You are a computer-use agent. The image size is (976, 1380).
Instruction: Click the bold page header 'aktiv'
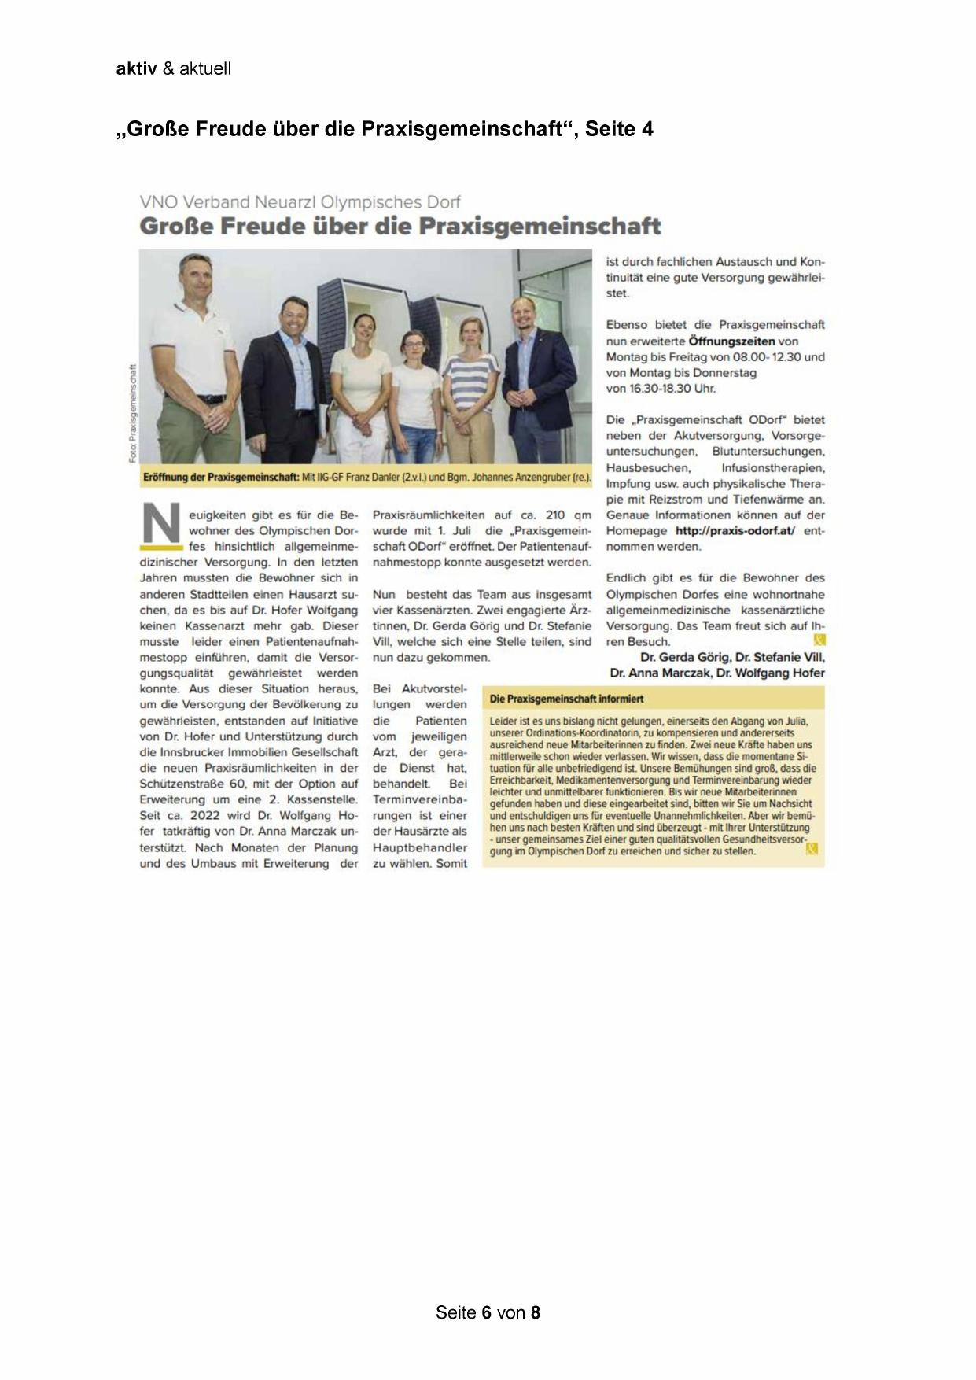[136, 68]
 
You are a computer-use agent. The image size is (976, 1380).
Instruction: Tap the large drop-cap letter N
[161, 524]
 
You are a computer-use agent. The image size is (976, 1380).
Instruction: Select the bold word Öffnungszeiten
[731, 341]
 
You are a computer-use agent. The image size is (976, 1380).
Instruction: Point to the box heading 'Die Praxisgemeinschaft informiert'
[566, 699]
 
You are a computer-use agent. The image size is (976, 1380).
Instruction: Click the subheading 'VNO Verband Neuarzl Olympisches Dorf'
[300, 203]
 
